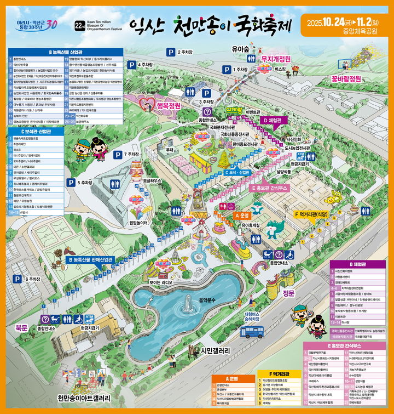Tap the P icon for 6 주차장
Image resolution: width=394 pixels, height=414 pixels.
tap(18, 279)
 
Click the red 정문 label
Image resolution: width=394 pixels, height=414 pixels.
tap(289, 293)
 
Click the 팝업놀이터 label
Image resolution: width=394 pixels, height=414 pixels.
tap(139, 223)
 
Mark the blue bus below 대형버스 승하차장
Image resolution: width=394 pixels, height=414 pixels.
tap(252, 331)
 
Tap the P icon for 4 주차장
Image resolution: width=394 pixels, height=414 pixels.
tap(132, 65)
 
